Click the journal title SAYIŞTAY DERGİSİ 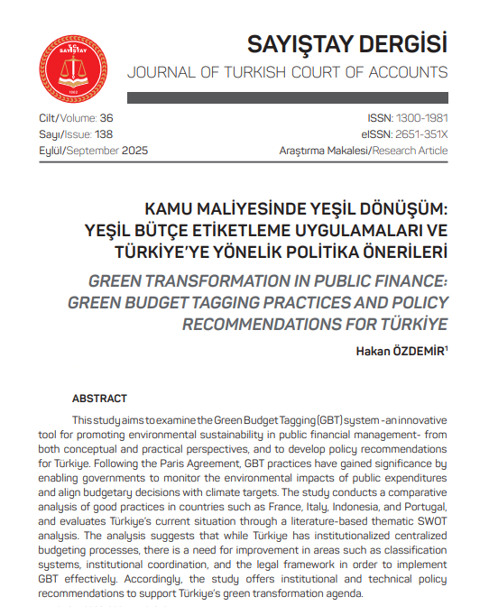click(347, 42)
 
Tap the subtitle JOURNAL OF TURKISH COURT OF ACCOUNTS click(287, 72)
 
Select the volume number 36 click(106, 118)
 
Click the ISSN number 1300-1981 click(420, 118)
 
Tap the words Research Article click(410, 151)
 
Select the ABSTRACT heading click(100, 398)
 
